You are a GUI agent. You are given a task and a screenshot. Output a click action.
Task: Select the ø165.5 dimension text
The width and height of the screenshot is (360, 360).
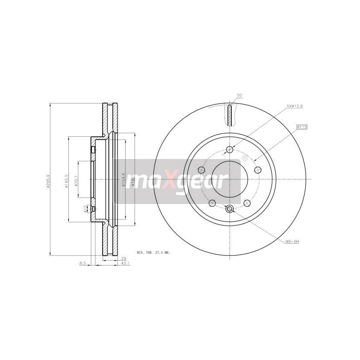[x=66, y=180]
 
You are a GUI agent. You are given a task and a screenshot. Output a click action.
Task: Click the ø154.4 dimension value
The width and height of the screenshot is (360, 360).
[x=123, y=180]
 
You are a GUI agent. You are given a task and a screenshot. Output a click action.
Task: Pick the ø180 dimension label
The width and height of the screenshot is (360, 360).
[x=132, y=181]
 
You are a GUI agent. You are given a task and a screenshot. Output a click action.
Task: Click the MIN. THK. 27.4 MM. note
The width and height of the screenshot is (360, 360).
[x=153, y=253]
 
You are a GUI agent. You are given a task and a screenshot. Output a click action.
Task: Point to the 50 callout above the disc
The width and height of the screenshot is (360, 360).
[x=239, y=95]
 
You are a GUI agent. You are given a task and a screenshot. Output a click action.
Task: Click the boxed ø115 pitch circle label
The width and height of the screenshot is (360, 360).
[x=301, y=127]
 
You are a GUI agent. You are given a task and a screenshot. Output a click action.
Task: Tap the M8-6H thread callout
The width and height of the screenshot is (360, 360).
[x=292, y=242]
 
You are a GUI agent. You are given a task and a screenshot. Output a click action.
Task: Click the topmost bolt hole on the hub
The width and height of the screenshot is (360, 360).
[x=229, y=150]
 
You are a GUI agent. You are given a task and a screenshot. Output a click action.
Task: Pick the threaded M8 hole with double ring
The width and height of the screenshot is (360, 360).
[x=229, y=208]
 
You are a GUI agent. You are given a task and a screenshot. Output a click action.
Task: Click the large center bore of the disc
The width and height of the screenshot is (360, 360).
[x=229, y=179]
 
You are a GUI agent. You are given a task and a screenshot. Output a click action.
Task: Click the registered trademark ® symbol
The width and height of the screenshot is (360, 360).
[x=245, y=158]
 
